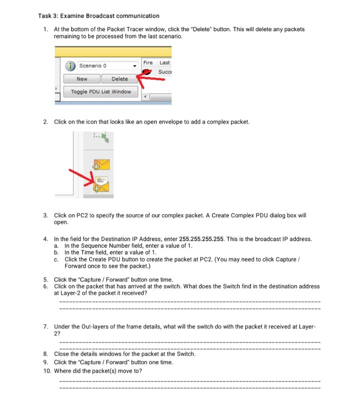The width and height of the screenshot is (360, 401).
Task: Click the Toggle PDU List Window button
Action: (x=101, y=92)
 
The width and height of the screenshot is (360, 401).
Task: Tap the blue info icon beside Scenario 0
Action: (x=71, y=66)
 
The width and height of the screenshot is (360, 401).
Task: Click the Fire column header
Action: (x=148, y=63)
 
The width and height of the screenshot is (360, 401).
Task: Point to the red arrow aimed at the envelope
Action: (x=80, y=177)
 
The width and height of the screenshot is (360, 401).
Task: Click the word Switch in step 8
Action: (x=186, y=354)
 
